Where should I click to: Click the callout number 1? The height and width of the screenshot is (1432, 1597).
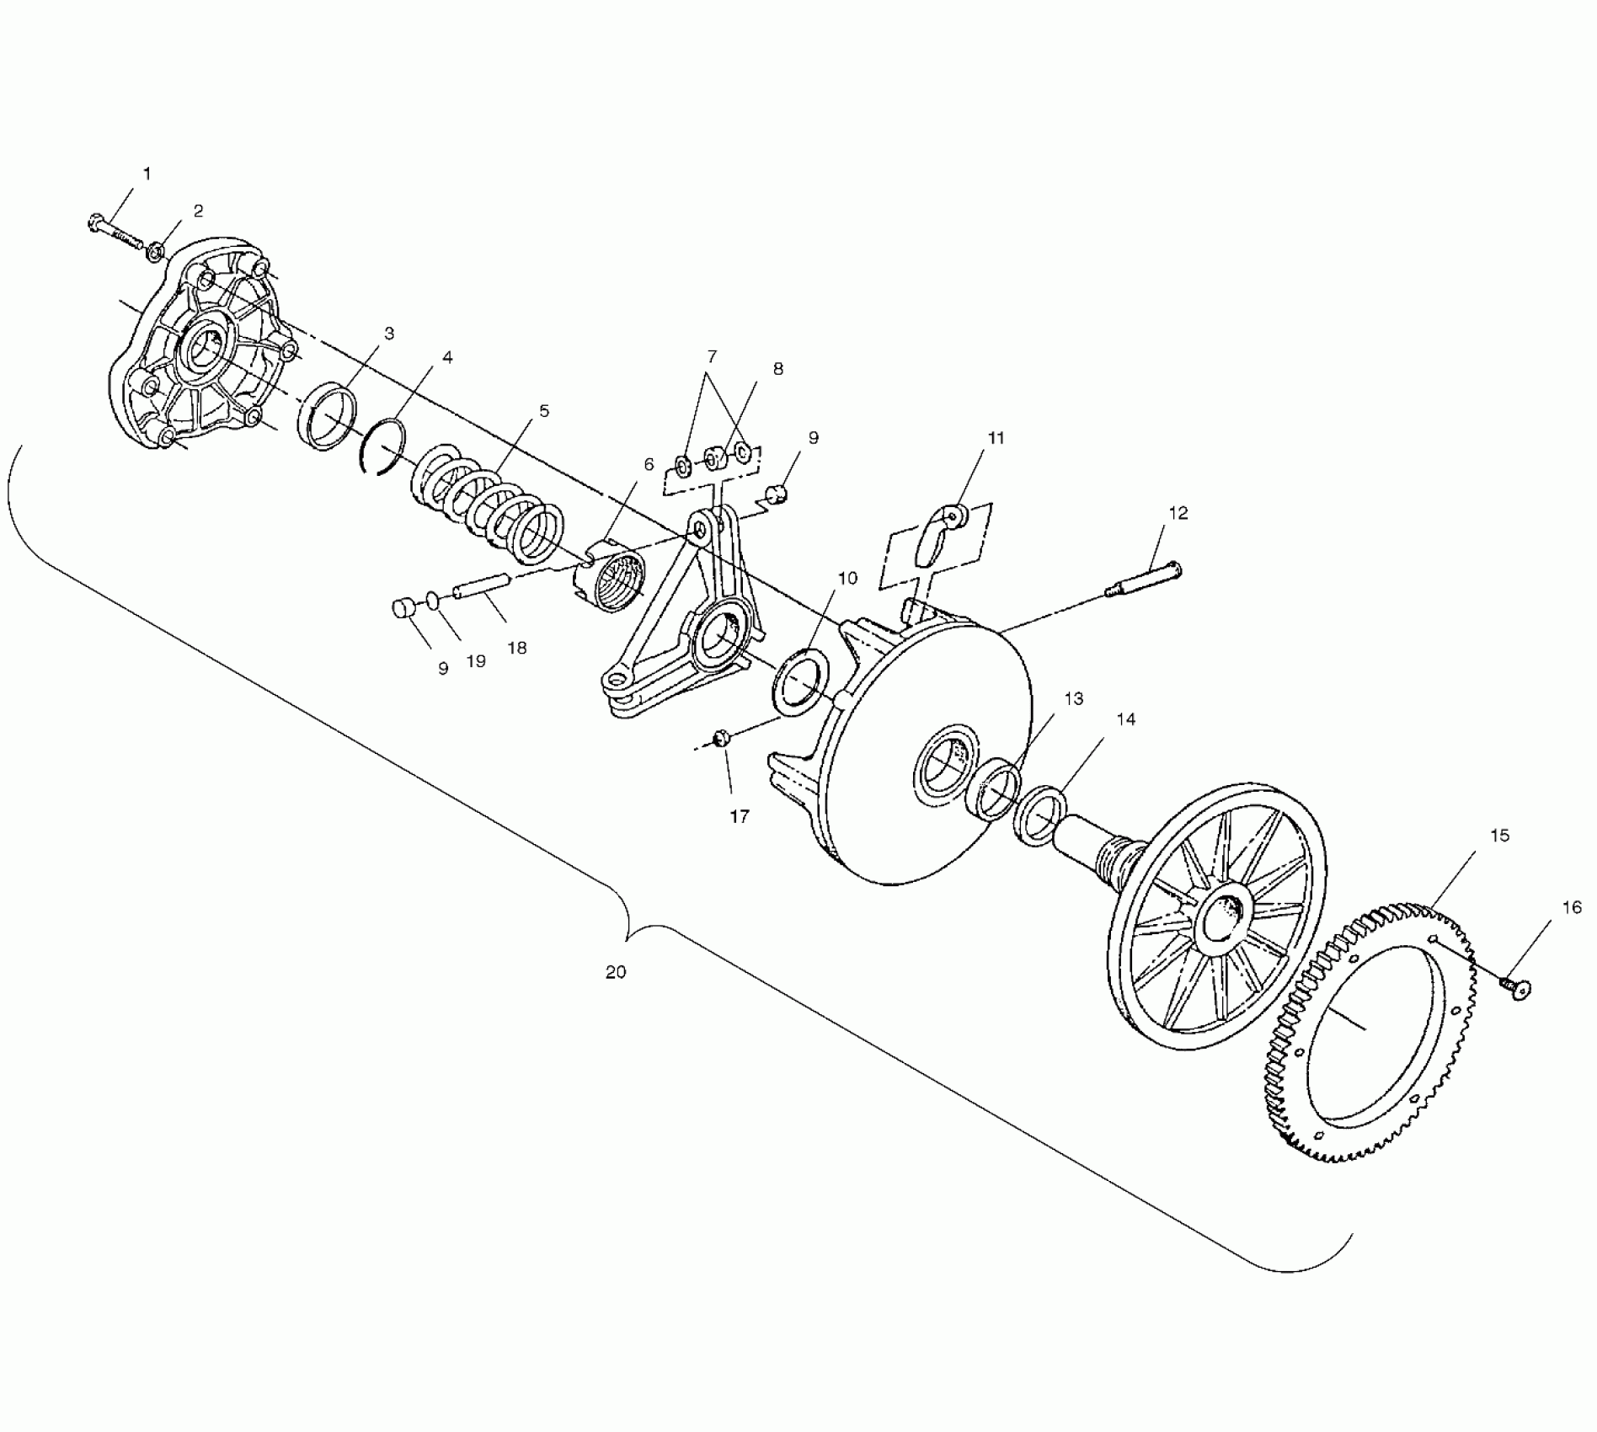(x=147, y=174)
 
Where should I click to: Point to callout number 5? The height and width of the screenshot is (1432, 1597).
(x=544, y=411)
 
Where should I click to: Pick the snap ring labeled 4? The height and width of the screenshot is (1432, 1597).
(x=382, y=446)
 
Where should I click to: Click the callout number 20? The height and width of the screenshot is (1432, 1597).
(x=616, y=971)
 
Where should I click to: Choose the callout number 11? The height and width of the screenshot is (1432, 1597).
(x=996, y=437)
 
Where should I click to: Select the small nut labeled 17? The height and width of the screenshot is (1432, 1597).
(x=721, y=739)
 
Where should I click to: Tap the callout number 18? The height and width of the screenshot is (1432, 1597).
(x=517, y=647)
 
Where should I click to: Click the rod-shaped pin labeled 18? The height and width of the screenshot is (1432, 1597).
(x=482, y=584)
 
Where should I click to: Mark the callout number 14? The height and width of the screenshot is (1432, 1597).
(x=1126, y=719)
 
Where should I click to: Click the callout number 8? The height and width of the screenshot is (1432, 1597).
(x=777, y=368)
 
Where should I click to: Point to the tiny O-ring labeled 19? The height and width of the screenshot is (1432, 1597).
(x=432, y=600)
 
